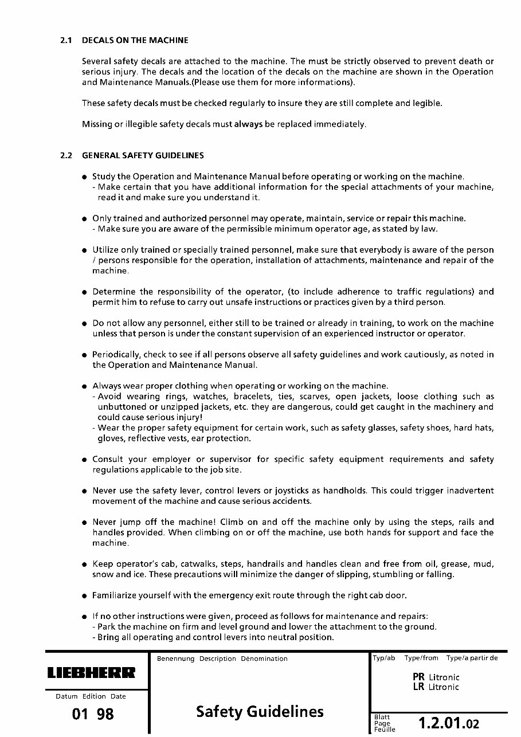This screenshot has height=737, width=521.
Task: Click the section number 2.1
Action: click(65, 41)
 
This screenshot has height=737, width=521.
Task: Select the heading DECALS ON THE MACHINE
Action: click(135, 41)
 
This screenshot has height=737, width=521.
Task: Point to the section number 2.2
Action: click(65, 155)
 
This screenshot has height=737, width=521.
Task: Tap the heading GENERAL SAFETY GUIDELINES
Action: click(143, 155)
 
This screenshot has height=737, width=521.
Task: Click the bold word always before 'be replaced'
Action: click(248, 124)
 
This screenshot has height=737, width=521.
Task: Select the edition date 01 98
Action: click(93, 714)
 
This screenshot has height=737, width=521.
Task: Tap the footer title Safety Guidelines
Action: click(260, 712)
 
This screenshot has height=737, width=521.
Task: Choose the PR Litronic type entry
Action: click(436, 677)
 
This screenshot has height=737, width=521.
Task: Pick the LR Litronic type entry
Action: click(436, 687)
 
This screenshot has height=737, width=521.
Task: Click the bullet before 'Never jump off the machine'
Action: click(84, 523)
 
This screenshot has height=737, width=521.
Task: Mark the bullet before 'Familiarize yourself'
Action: click(84, 596)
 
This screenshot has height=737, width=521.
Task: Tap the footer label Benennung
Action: click(175, 659)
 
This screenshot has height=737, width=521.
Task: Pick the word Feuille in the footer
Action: click(384, 730)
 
